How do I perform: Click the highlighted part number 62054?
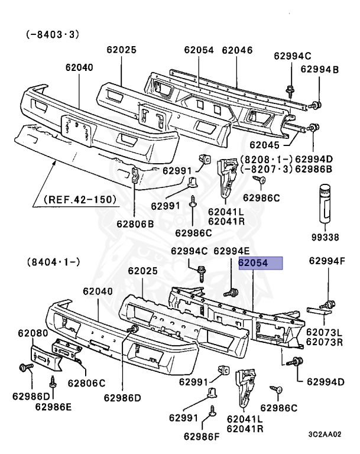pyautogui.click(x=261, y=263)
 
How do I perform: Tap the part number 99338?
pyautogui.click(x=324, y=237)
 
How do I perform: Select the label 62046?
pyautogui.click(x=238, y=51)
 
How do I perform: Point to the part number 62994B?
pyautogui.click(x=319, y=70)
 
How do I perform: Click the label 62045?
pyautogui.click(x=265, y=144)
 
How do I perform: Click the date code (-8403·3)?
pyautogui.click(x=52, y=35)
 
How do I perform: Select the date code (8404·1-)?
pyautogui.click(x=53, y=261)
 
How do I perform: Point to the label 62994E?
pyautogui.click(x=232, y=251)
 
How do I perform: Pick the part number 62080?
pyautogui.click(x=34, y=334)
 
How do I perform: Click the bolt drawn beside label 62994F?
pyautogui.click(x=325, y=304)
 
